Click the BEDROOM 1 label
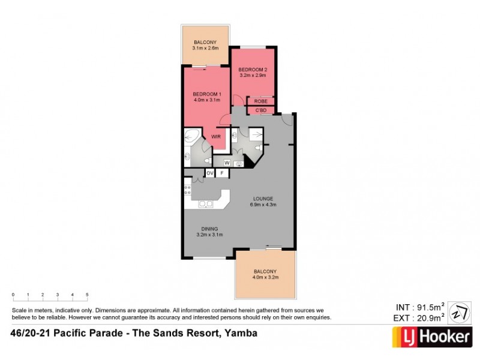point(207,94)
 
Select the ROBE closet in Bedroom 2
point(260,101)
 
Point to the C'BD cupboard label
point(260,110)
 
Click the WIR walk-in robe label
point(215,137)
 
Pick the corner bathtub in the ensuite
point(193,137)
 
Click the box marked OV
point(210,173)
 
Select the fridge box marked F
point(222,173)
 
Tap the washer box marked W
point(227,162)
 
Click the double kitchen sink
point(205,203)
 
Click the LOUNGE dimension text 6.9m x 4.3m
point(263,205)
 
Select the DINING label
point(209,228)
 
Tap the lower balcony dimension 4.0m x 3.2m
point(265,278)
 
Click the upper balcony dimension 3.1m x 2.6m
point(205,48)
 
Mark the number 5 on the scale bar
point(87,295)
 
